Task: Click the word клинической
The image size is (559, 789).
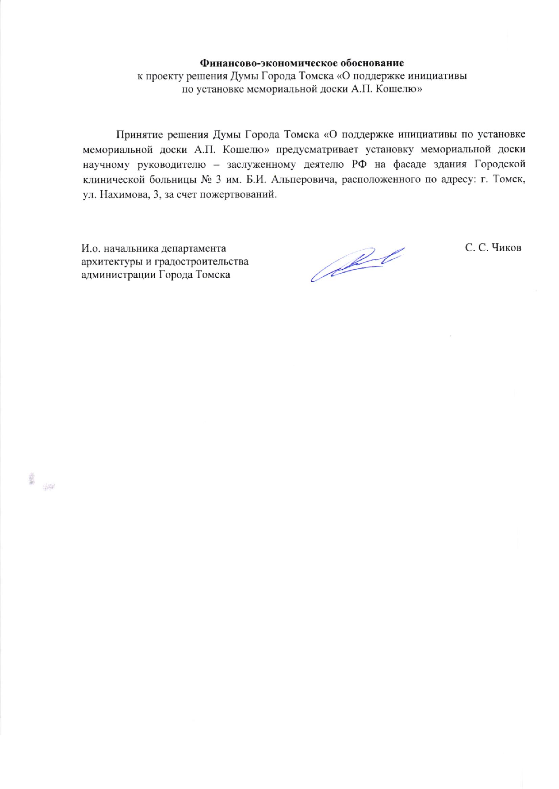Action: [x=112, y=180]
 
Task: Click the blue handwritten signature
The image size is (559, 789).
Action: [x=356, y=264]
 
